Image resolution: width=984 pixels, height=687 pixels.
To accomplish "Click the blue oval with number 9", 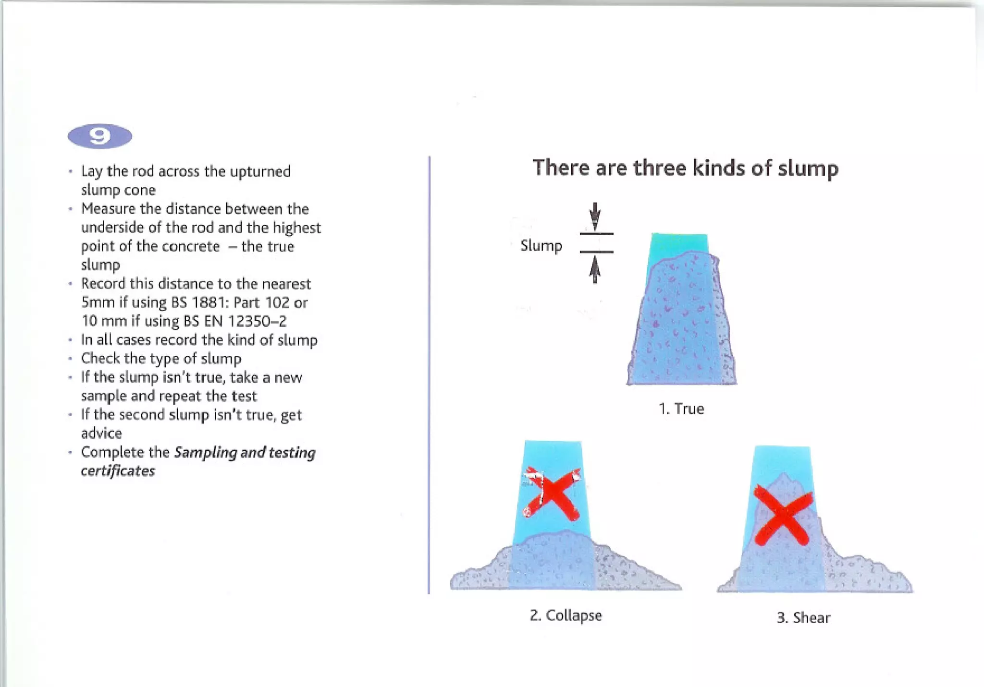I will point(100,136).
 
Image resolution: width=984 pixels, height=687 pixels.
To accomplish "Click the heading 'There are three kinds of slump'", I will point(685,168).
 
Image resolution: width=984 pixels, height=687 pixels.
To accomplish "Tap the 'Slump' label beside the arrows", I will point(541,246).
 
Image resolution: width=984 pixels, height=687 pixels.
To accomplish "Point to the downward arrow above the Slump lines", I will point(595,216).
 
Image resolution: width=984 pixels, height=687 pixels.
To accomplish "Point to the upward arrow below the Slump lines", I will point(595,270).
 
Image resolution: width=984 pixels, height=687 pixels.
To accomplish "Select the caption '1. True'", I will point(681,409).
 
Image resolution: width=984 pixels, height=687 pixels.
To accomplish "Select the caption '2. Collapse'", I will point(566,615).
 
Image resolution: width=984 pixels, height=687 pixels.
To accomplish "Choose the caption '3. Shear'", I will point(803,617).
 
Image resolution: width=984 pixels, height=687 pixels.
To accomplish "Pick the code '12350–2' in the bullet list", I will point(257,321).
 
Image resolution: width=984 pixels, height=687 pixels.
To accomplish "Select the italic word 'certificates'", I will point(118,471).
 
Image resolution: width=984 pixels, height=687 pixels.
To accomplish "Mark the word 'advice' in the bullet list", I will point(101,434).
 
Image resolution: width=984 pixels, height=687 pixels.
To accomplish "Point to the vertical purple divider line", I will point(429,374).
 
